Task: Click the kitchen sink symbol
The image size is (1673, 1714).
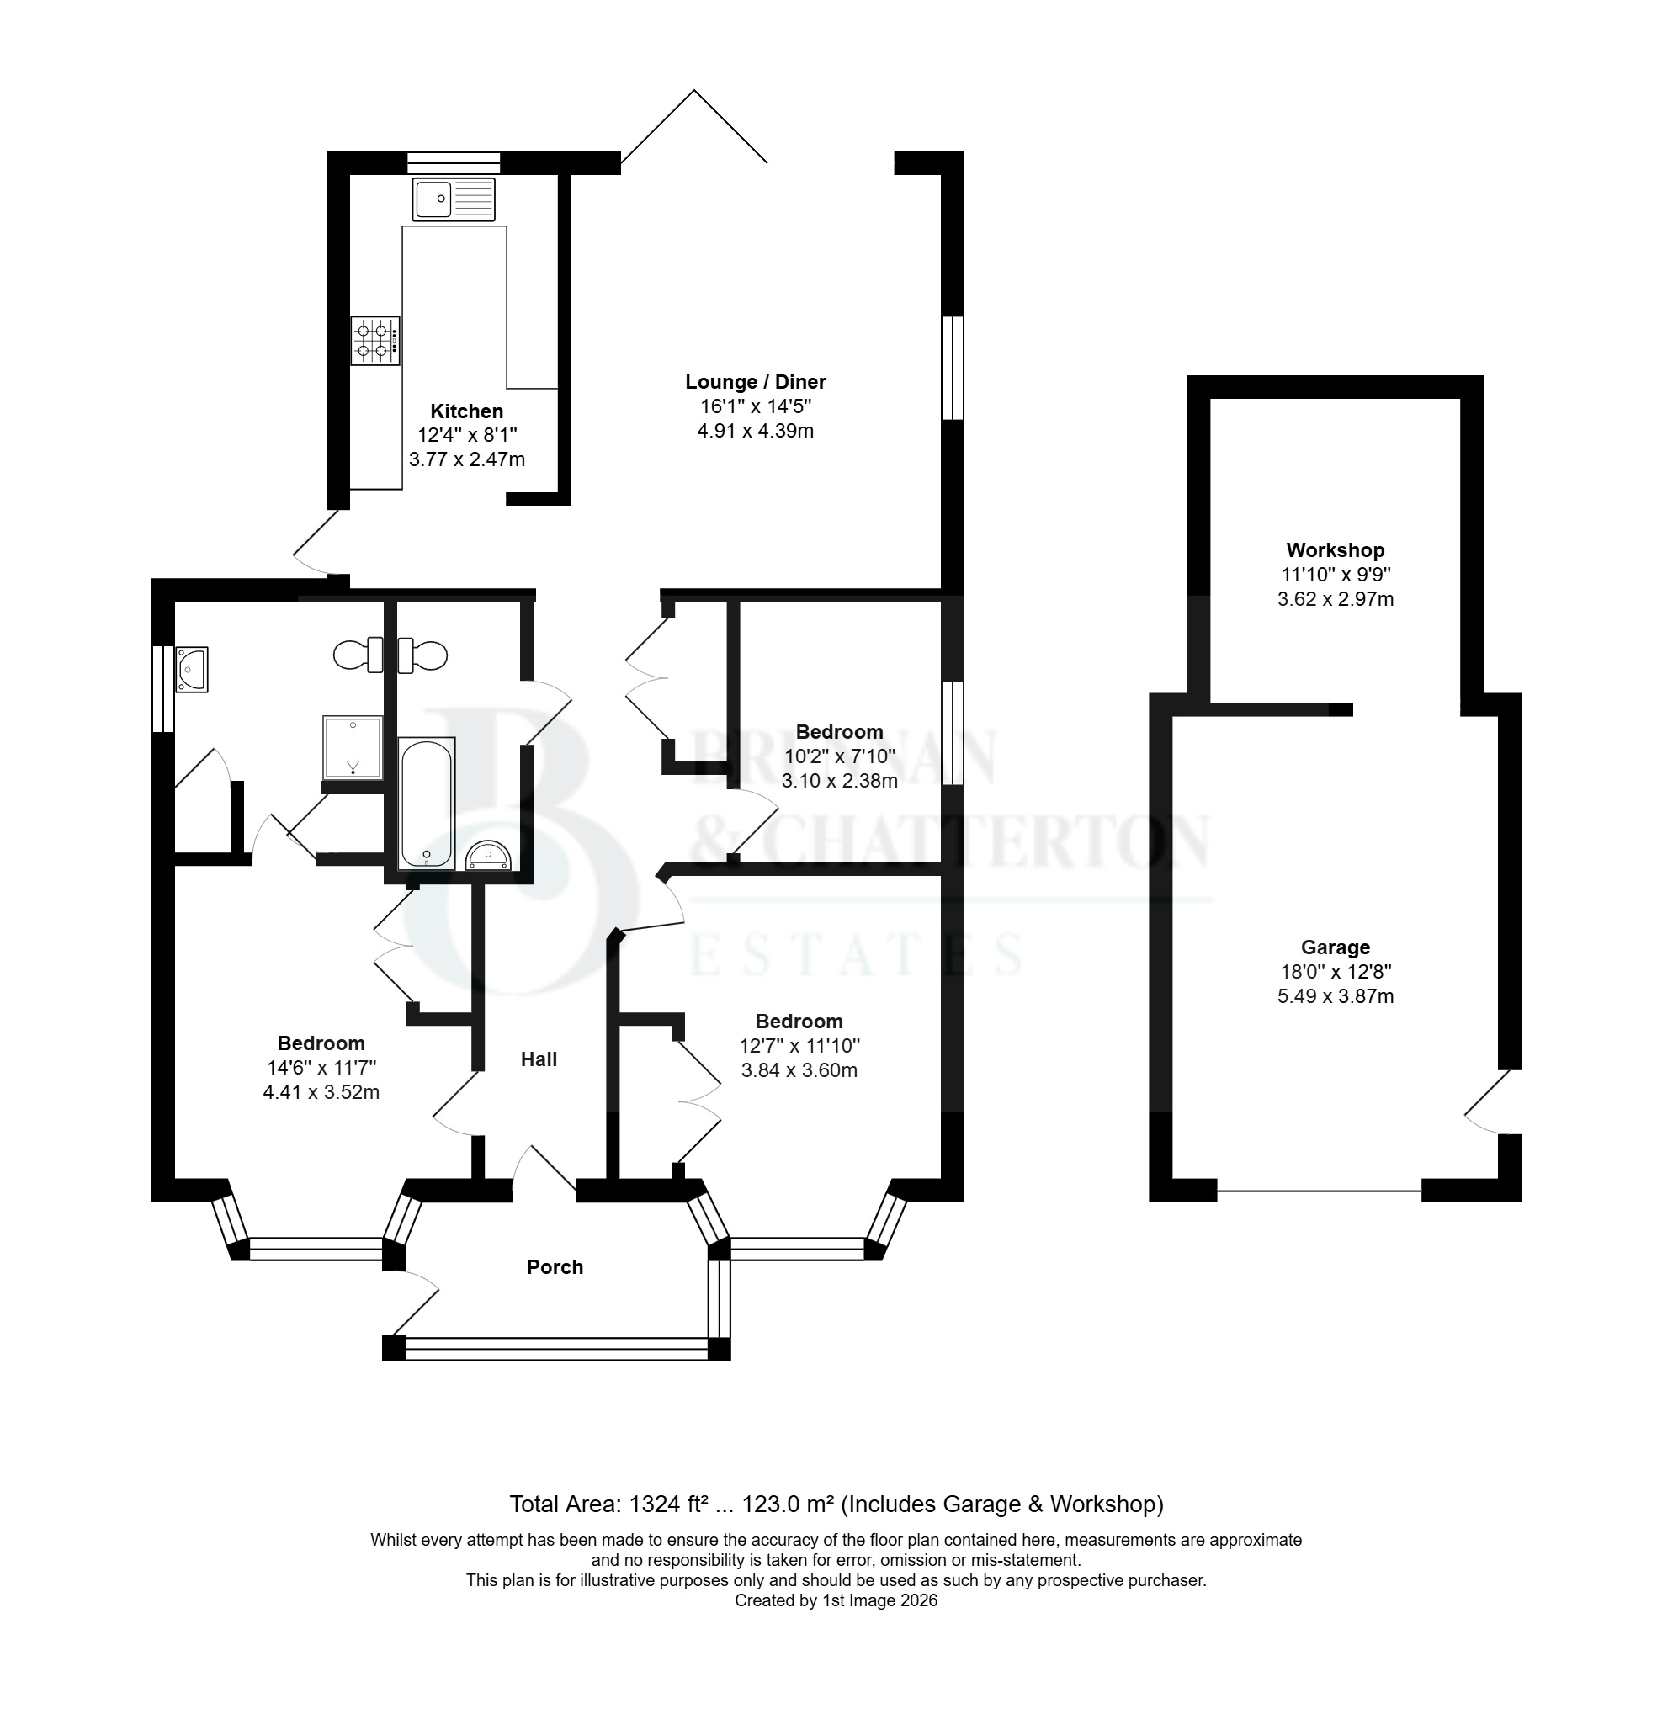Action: tap(454, 199)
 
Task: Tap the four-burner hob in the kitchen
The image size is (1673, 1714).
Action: tap(375, 341)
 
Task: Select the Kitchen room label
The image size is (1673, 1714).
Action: tap(466, 411)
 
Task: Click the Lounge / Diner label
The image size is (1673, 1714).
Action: tap(756, 382)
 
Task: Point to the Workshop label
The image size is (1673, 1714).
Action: tap(1335, 550)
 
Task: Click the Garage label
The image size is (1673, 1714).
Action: tap(1336, 947)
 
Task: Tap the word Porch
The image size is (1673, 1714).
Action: tap(555, 1267)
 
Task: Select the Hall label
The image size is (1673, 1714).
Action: tap(539, 1059)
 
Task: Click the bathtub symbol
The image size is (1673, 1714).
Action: tap(427, 803)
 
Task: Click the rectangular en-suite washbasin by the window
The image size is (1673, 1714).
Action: tap(192, 670)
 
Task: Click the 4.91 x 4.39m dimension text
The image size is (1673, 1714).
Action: tap(756, 432)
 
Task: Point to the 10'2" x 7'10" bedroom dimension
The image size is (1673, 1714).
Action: tap(840, 756)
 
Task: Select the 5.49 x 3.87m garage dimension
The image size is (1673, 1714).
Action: tap(1336, 996)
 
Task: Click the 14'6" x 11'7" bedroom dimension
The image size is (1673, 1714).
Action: tap(321, 1069)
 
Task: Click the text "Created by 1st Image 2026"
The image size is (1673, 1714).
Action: tap(836, 1600)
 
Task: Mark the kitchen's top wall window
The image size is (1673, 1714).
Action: tap(454, 162)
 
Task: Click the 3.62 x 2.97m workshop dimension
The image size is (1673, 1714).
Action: tap(1336, 599)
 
